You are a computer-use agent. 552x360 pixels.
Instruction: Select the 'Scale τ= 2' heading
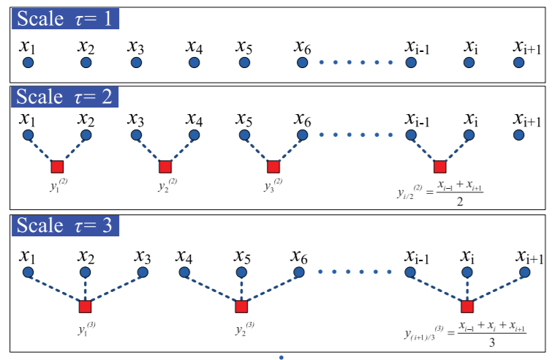click(x=65, y=97)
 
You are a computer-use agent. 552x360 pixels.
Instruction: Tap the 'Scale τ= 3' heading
click(x=65, y=225)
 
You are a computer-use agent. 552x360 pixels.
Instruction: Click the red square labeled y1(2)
click(x=57, y=166)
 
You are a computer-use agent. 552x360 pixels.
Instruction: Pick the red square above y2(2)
click(x=165, y=166)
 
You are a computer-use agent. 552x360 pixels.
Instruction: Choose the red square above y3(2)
click(x=273, y=166)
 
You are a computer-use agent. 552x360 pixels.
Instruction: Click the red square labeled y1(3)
click(x=86, y=306)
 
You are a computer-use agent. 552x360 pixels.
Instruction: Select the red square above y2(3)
click(x=241, y=306)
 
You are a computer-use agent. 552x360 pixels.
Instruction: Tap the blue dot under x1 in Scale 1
click(x=28, y=64)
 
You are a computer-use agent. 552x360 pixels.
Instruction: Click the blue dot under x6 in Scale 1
click(x=303, y=64)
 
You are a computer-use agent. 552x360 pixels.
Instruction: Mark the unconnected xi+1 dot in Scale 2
click(x=519, y=135)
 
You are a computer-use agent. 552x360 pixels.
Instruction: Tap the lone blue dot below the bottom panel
click(x=281, y=357)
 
